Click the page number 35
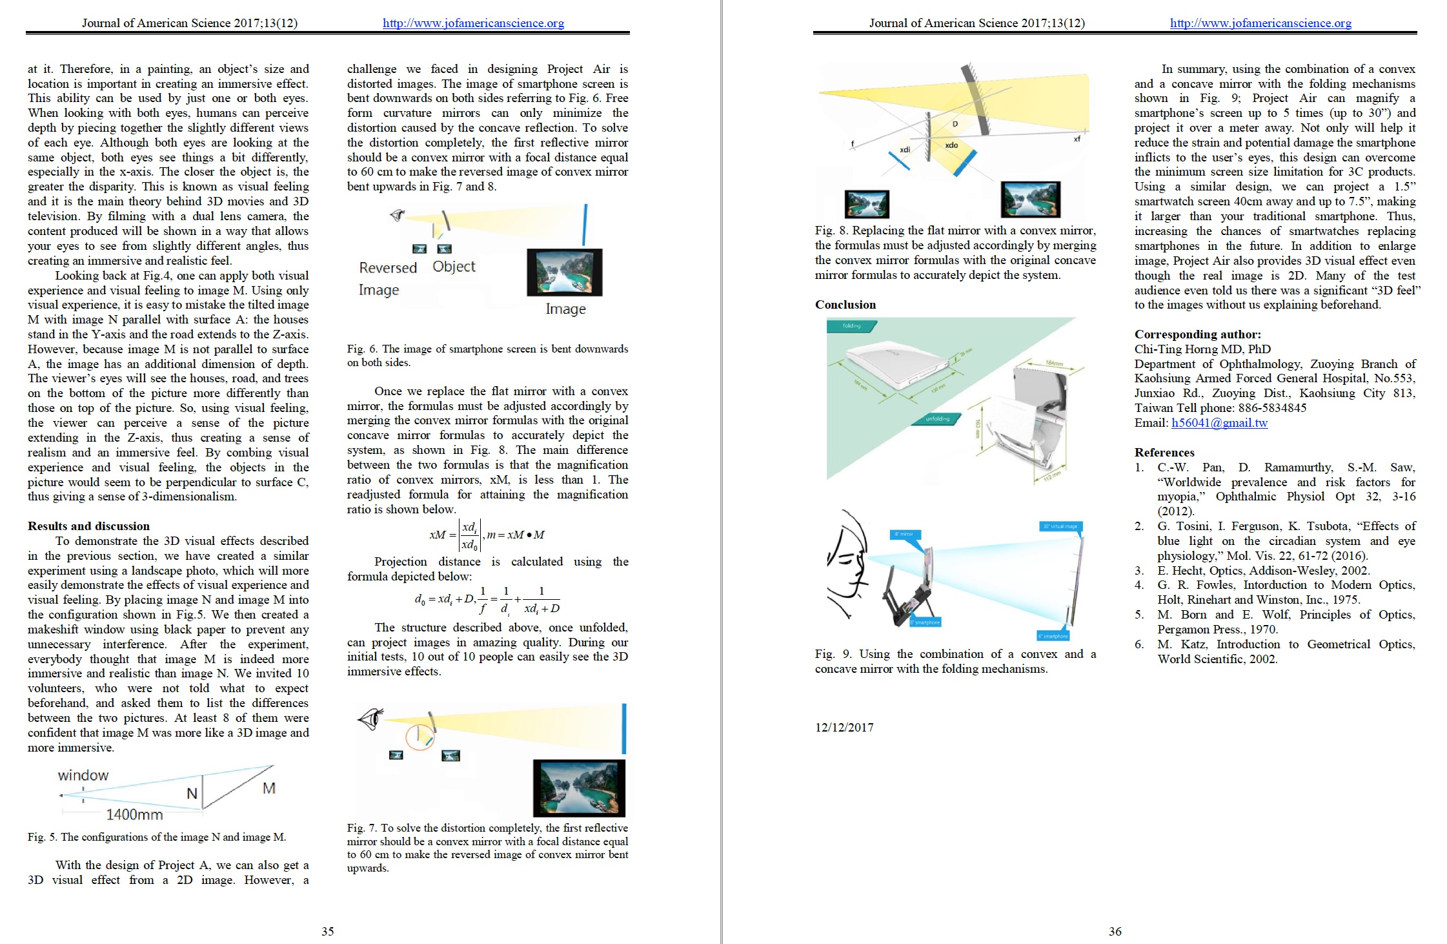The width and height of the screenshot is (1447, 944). pyautogui.click(x=328, y=931)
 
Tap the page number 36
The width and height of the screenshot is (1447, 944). pyautogui.click(x=1115, y=931)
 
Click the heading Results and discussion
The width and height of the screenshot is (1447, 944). pyautogui.click(x=88, y=526)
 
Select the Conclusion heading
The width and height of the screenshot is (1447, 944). pyautogui.click(x=845, y=304)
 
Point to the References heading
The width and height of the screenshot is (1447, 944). pyautogui.click(x=1164, y=452)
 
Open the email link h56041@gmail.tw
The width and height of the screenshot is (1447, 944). pyautogui.click(x=1219, y=423)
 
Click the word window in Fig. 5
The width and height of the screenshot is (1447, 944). pyautogui.click(x=83, y=775)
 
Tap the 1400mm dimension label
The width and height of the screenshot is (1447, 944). pyautogui.click(x=134, y=815)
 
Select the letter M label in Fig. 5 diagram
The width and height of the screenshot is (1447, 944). pyautogui.click(x=269, y=788)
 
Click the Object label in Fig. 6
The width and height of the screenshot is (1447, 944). pyautogui.click(x=454, y=267)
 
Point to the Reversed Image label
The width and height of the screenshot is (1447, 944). pyautogui.click(x=387, y=278)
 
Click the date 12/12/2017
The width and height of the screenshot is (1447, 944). pyautogui.click(x=844, y=727)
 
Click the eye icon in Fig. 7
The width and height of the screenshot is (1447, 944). pyautogui.click(x=370, y=718)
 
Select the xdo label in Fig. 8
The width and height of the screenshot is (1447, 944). pyautogui.click(x=951, y=145)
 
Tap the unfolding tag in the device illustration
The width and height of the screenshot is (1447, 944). pyautogui.click(x=937, y=419)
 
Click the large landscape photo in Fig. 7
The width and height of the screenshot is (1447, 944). pyautogui.click(x=579, y=788)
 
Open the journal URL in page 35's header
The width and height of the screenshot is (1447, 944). pyautogui.click(x=473, y=23)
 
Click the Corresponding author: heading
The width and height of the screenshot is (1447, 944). pyautogui.click(x=1197, y=334)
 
